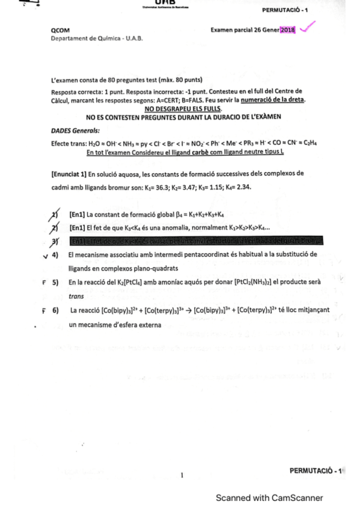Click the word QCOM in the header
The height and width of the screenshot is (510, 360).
(61, 30)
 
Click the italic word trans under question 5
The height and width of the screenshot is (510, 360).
(76, 296)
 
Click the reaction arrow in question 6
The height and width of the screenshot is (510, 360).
(188, 311)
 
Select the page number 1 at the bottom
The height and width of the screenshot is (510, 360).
(181, 475)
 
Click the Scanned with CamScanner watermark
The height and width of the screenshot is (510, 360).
(269, 497)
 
